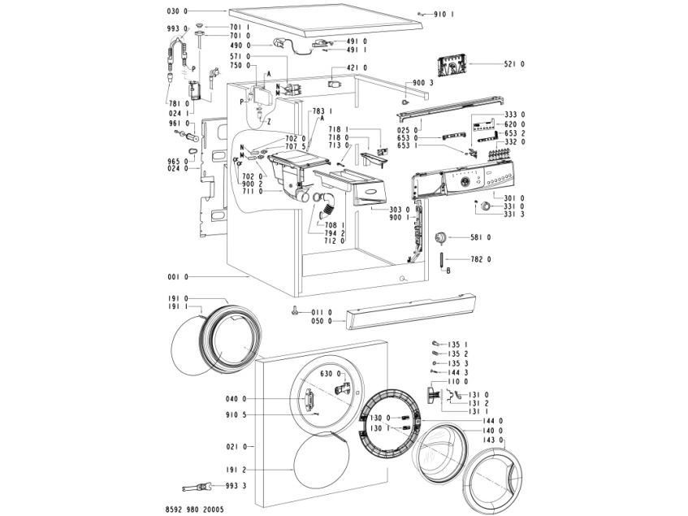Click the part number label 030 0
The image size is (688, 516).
click(176, 11)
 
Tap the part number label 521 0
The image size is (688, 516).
click(514, 63)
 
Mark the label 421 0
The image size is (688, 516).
click(357, 67)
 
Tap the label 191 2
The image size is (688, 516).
click(235, 470)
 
